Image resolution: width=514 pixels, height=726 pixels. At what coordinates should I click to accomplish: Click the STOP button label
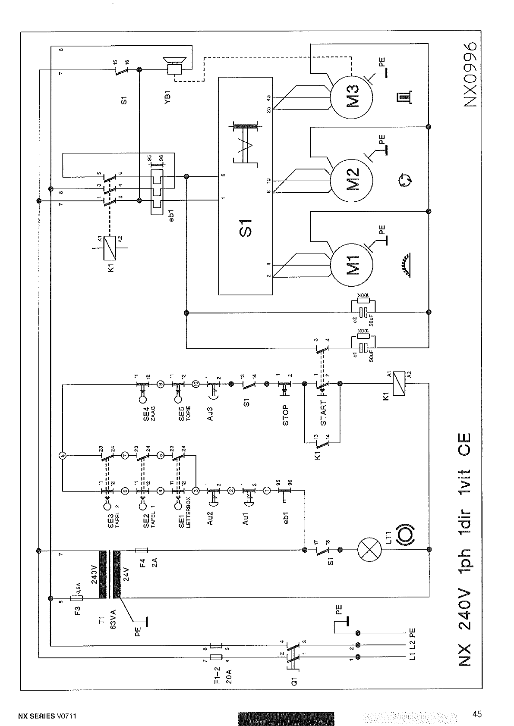pos(285,416)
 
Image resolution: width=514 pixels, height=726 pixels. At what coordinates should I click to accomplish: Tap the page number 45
pos(476,714)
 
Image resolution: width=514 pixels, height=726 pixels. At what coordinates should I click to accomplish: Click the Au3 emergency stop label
pos(210,412)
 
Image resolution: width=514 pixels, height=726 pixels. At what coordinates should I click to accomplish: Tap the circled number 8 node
pos(62,455)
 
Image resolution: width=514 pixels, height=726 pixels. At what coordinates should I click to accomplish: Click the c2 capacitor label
pos(355,319)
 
